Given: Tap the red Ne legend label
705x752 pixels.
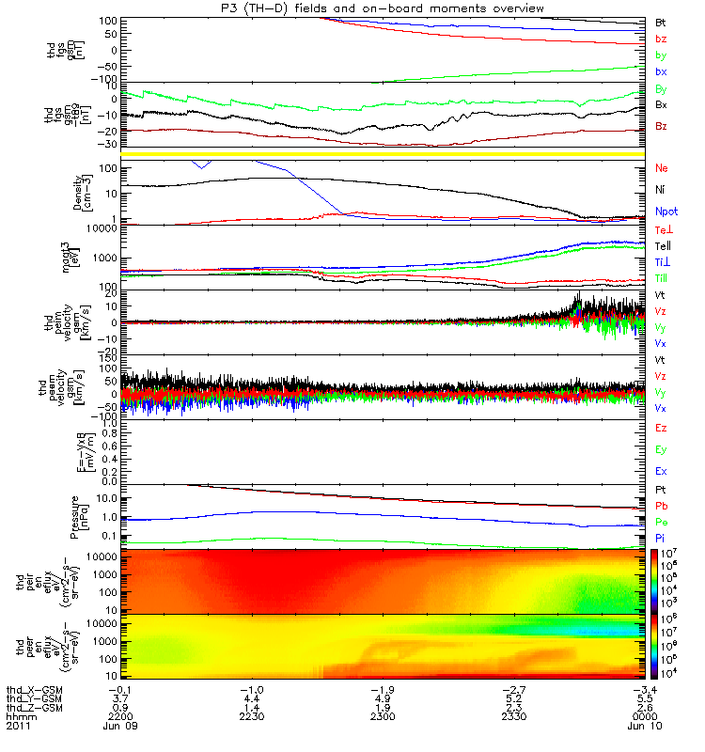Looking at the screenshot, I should [661, 167].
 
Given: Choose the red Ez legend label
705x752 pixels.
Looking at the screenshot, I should [661, 428].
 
